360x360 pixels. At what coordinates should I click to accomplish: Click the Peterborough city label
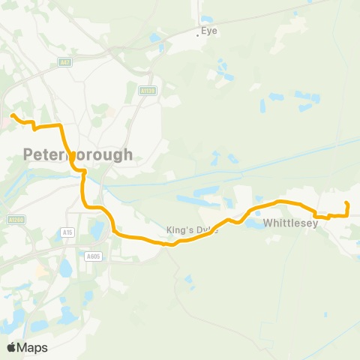coord(78,155)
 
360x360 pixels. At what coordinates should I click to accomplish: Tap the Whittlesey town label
coord(292,223)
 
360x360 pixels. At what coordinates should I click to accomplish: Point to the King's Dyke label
coord(192,230)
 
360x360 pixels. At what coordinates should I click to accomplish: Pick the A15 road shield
coord(68,233)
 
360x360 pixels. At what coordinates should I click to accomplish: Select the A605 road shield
coord(93,256)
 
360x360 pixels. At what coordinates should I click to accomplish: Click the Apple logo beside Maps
coord(11,347)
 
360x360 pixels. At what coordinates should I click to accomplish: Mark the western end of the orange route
coord(13,115)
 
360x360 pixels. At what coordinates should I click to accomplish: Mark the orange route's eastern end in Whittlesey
coord(347,203)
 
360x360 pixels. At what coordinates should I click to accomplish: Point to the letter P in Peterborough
coord(28,155)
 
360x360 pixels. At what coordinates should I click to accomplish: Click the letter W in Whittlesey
coord(268,223)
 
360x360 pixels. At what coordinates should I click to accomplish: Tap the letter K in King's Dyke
coord(169,230)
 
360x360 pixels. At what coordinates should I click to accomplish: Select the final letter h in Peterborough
coord(128,155)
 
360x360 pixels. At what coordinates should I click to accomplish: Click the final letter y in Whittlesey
coord(316,224)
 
